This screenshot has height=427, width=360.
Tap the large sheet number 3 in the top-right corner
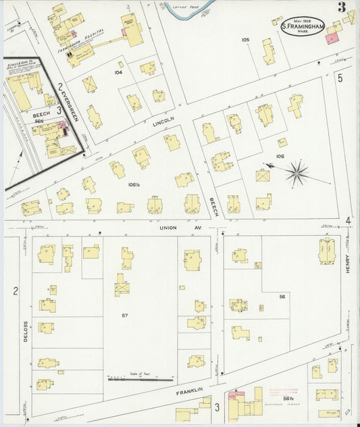click(x=342, y=8)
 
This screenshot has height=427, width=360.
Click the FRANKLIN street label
click(x=190, y=391)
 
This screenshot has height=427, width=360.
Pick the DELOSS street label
click(x=26, y=330)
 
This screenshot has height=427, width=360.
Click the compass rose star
click(x=296, y=174)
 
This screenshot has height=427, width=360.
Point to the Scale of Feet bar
click(x=140, y=379)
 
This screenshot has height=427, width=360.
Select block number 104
click(x=119, y=72)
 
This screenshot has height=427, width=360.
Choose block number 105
click(x=245, y=40)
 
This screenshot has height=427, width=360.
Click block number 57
click(x=125, y=316)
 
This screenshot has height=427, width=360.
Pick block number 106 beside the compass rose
click(x=280, y=156)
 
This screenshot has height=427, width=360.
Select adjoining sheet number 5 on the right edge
click(x=340, y=78)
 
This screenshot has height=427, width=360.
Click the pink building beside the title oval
click(x=332, y=39)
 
